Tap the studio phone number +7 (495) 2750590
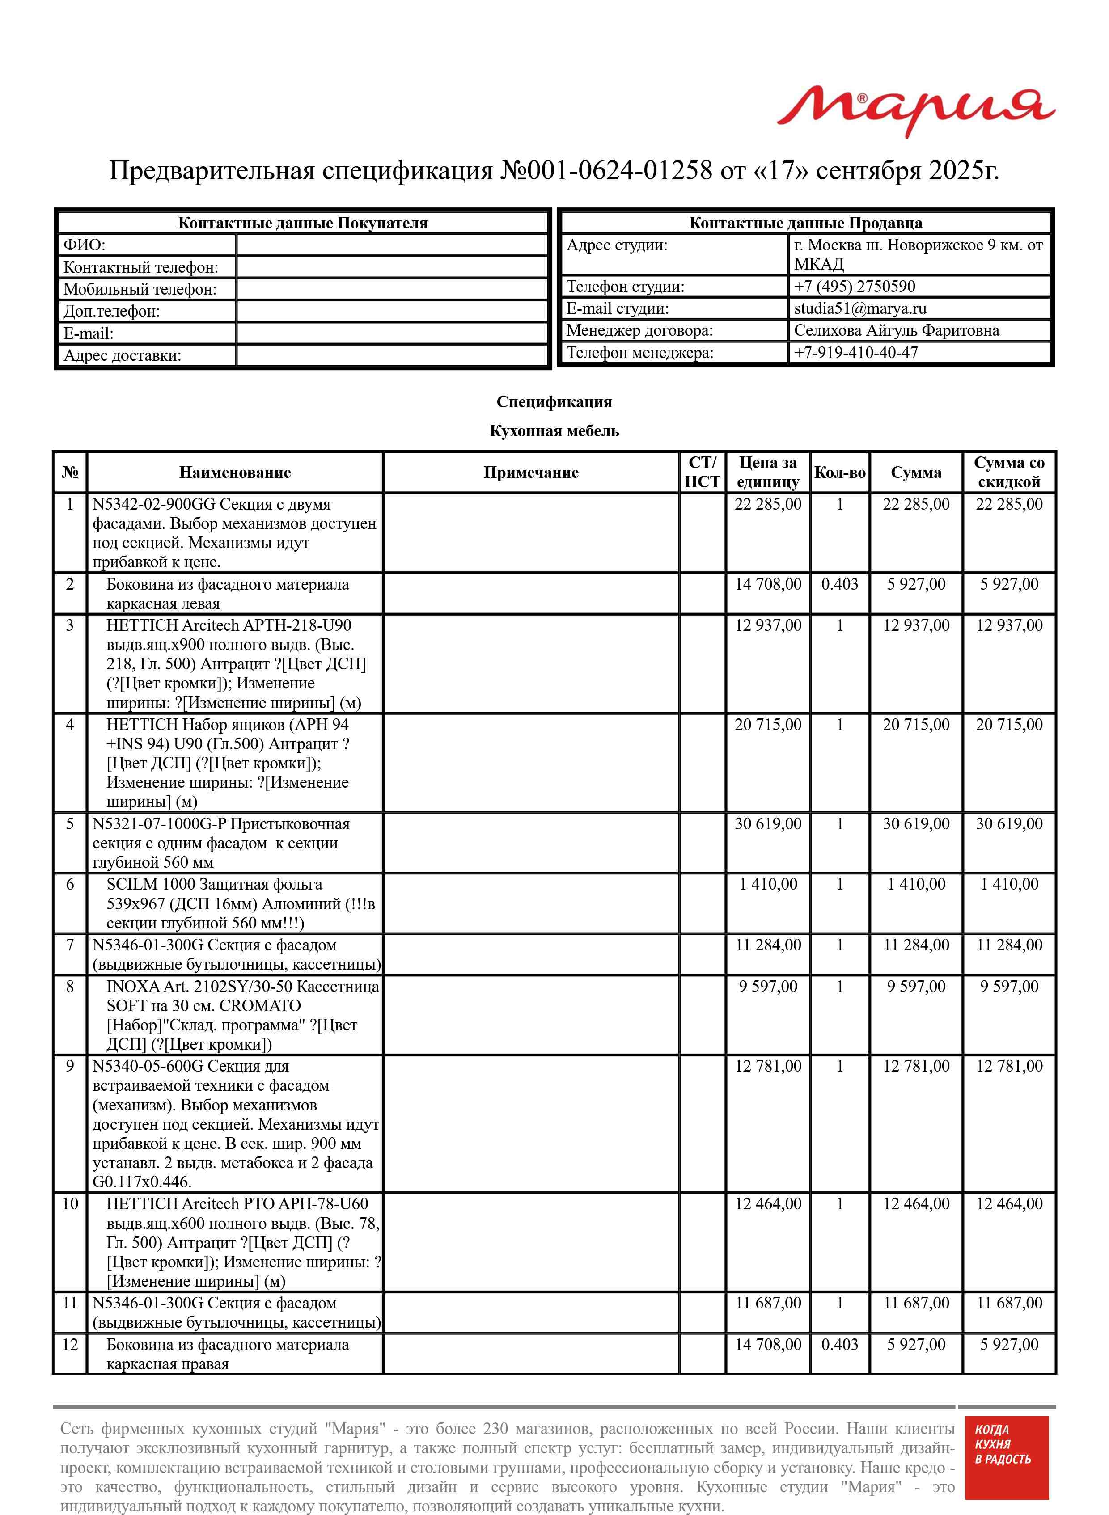coord(854,287)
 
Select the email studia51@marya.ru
coord(859,308)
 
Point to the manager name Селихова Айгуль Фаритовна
coord(896,330)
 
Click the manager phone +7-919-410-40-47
coord(855,352)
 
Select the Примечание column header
coord(530,473)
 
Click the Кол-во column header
coord(839,473)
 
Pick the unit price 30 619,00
coord(767,824)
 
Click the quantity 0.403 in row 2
coord(839,584)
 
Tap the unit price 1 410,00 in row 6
coord(767,884)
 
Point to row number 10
coord(70,1204)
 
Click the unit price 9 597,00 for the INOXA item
coord(767,986)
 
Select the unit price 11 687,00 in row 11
coord(767,1303)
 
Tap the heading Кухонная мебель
coord(554,431)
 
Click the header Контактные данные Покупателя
coord(302,224)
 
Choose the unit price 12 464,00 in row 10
coord(767,1204)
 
